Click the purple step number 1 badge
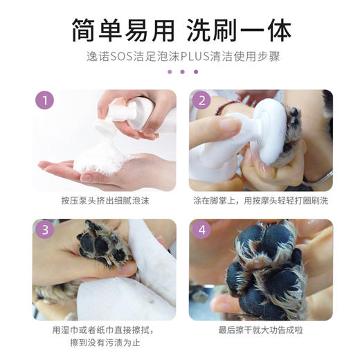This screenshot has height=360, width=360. [x=45, y=102]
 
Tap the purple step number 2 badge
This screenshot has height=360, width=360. [x=202, y=102]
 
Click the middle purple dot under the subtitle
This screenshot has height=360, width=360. [x=180, y=71]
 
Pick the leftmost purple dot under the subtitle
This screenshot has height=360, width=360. [x=167, y=71]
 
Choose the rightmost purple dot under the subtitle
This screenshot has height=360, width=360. [x=195, y=71]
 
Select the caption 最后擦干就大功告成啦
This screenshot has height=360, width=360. [x=260, y=330]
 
